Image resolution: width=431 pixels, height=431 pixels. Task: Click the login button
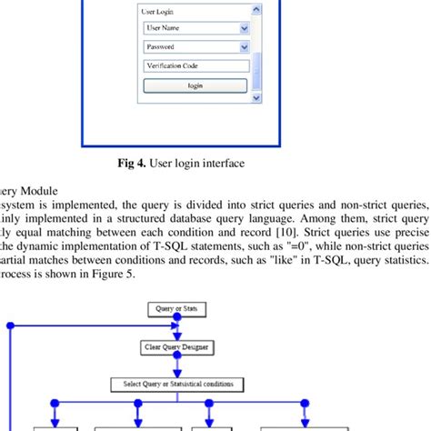tap(195, 85)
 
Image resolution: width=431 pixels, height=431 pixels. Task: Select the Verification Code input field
tap(195, 65)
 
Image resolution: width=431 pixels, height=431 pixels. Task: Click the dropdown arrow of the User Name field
tap(243, 28)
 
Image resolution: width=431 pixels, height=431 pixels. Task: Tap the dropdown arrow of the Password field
tap(243, 46)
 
